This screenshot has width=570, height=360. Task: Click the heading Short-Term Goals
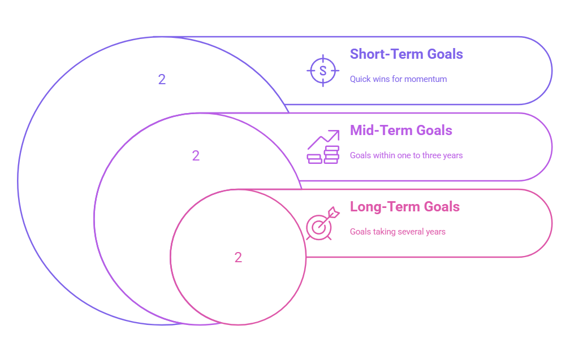click(406, 54)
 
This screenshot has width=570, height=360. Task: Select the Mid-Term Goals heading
click(401, 131)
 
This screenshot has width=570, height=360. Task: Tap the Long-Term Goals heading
click(404, 207)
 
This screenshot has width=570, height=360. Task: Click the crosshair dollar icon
click(323, 71)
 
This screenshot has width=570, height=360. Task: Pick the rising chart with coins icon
click(323, 147)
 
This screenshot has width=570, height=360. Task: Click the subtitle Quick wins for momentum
click(398, 79)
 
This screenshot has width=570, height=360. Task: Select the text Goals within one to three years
click(406, 155)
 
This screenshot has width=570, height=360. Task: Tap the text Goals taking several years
click(398, 232)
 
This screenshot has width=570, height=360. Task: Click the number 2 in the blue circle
click(162, 80)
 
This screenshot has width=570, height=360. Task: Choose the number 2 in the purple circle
click(196, 156)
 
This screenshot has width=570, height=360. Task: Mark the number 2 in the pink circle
click(238, 258)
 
